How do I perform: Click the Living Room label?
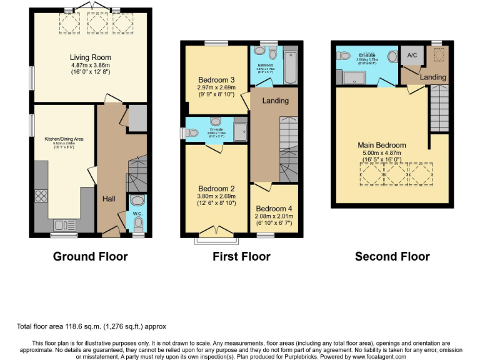[x=90, y=57]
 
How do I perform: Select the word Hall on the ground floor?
[x=109, y=199]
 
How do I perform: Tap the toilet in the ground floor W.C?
[x=137, y=202]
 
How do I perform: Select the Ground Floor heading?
[x=90, y=256]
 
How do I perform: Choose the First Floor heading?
[x=241, y=256]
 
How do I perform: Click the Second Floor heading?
[x=392, y=256]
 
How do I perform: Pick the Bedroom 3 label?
[x=216, y=80]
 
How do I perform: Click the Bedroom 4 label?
[x=274, y=208]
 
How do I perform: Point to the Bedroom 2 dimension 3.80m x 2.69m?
[x=216, y=196]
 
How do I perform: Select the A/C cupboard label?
[x=412, y=56]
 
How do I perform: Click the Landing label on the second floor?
[x=433, y=77]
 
